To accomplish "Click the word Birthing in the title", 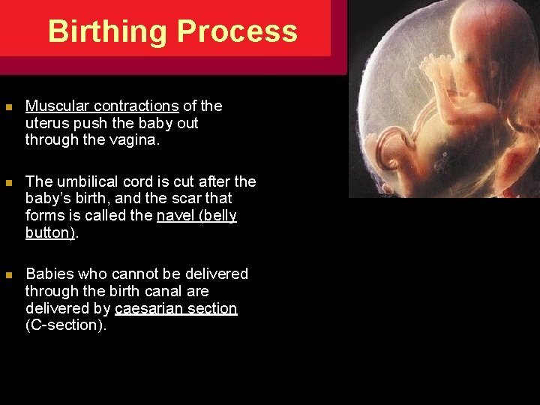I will point(107,31).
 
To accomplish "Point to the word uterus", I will point(47,123).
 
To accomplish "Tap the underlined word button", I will point(49,232).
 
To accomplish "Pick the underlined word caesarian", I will point(150,308).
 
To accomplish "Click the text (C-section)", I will point(65,325).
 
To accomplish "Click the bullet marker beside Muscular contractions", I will point(8,107).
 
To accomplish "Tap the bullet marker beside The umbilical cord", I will point(8,182).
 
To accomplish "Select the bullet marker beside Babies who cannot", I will point(8,274).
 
